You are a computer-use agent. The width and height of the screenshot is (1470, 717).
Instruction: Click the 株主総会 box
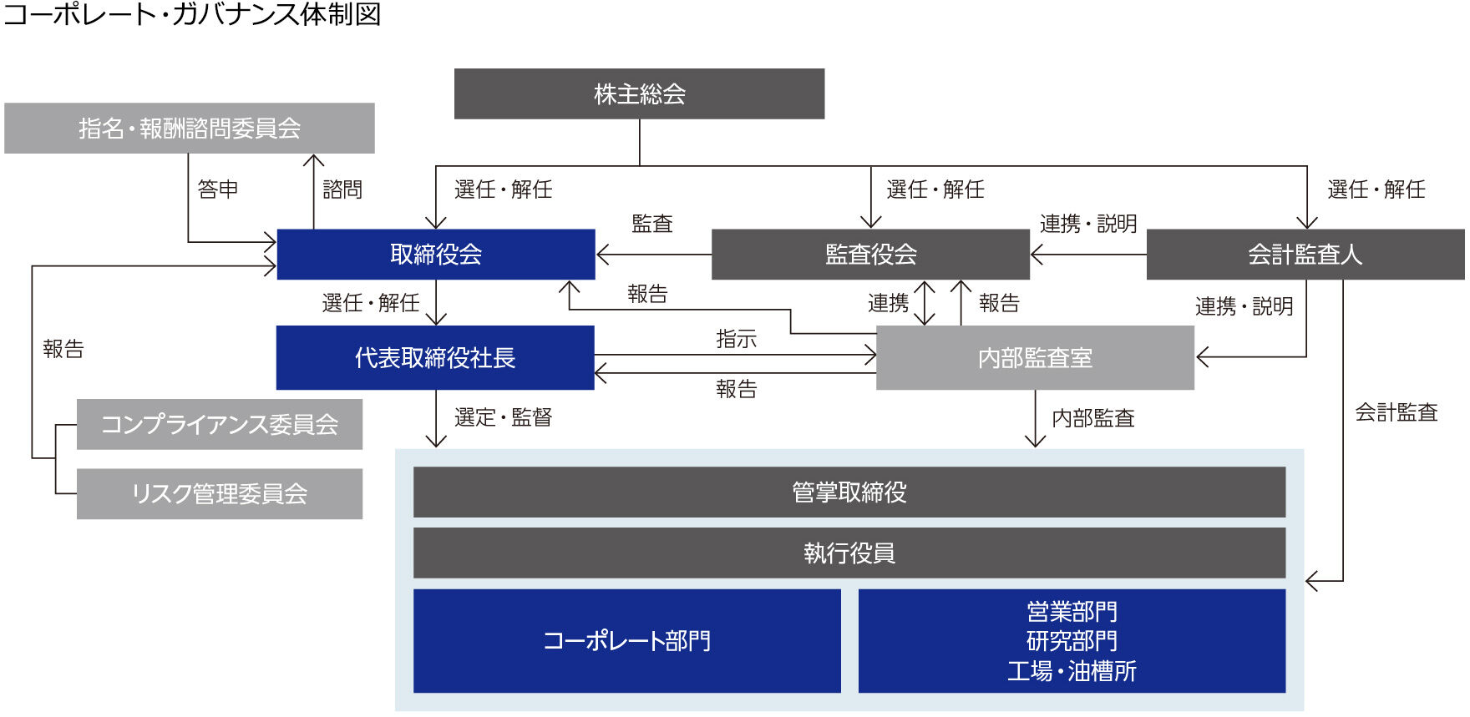pyautogui.click(x=639, y=93)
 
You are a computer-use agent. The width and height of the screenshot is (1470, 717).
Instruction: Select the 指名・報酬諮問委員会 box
pyautogui.click(x=190, y=128)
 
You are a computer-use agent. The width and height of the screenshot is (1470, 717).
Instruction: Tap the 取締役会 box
pyautogui.click(x=435, y=254)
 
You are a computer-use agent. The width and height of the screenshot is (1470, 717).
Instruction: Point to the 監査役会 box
pyautogui.click(x=870, y=254)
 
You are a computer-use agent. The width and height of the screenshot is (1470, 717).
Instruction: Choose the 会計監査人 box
pyautogui.click(x=1305, y=254)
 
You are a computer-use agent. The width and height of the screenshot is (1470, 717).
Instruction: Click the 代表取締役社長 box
pyautogui.click(x=435, y=357)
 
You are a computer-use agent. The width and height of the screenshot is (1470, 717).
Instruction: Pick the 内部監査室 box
pyautogui.click(x=1035, y=357)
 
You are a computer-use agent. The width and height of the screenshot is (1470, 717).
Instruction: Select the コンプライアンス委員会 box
pyautogui.click(x=220, y=424)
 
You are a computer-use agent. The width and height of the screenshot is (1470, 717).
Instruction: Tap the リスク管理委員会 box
pyautogui.click(x=220, y=493)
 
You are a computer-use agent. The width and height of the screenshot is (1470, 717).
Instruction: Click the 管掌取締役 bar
pyautogui.click(x=849, y=492)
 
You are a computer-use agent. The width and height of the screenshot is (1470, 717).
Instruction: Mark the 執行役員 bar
pyautogui.click(x=849, y=553)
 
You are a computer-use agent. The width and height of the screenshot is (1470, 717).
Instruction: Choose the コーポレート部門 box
pyautogui.click(x=626, y=640)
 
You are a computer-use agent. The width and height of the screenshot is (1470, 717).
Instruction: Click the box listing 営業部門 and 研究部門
pyautogui.click(x=1072, y=640)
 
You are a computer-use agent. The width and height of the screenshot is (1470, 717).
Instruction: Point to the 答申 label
pyautogui.click(x=218, y=189)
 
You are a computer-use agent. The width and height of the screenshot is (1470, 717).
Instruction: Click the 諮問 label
pyautogui.click(x=342, y=189)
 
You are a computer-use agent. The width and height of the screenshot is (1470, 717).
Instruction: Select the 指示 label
pyautogui.click(x=736, y=339)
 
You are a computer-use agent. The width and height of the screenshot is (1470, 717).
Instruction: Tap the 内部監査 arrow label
pyautogui.click(x=1092, y=418)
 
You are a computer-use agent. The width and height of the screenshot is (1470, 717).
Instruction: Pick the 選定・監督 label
pyautogui.click(x=503, y=417)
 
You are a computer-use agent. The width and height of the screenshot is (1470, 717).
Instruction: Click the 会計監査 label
pyautogui.click(x=1396, y=412)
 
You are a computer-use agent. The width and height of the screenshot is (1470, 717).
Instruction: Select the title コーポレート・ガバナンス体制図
pyautogui.click(x=192, y=14)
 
